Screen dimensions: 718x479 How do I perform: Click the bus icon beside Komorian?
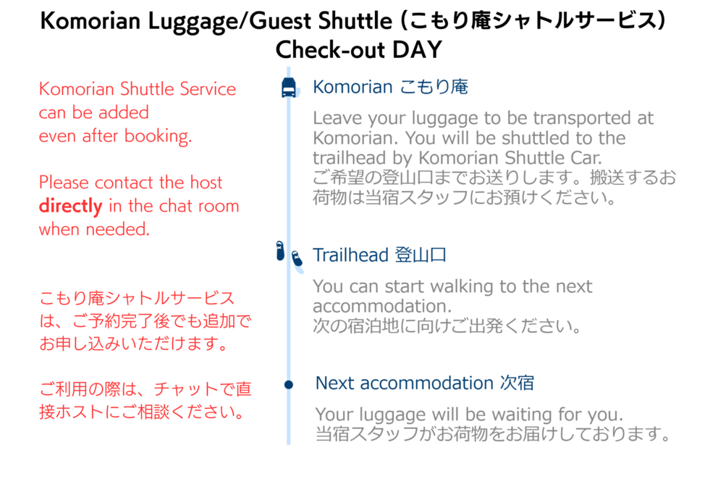click(289, 88)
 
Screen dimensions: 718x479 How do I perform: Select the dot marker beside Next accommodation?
click(289, 384)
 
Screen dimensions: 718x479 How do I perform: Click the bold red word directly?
click(70, 207)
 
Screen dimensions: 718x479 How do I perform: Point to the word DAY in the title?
click(417, 49)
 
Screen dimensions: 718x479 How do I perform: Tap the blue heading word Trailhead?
click(351, 255)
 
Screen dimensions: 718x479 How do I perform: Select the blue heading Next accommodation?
click(405, 383)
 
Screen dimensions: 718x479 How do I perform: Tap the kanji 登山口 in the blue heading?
click(421, 255)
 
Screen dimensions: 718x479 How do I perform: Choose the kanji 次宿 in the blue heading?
click(517, 383)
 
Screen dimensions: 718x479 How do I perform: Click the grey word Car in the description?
click(586, 158)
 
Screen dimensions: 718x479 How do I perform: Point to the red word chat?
click(176, 206)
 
